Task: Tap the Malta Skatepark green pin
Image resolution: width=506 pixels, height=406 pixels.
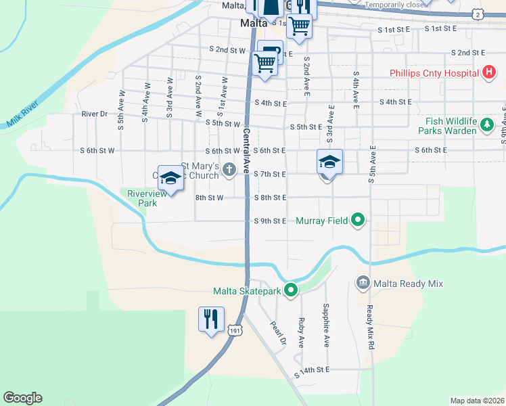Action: pyautogui.click(x=291, y=291)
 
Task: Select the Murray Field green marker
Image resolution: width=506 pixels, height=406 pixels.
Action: pyautogui.click(x=359, y=220)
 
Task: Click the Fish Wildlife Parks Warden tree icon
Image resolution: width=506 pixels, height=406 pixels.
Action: pyautogui.click(x=486, y=125)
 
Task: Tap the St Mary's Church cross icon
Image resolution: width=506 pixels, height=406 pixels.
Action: pyautogui.click(x=229, y=168)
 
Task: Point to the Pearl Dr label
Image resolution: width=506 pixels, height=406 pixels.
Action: pyautogui.click(x=279, y=333)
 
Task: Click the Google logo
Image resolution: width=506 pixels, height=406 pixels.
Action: pyautogui.click(x=22, y=398)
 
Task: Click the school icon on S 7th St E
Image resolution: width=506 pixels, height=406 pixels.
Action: pyautogui.click(x=329, y=162)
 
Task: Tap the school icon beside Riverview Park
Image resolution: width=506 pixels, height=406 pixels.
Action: pyautogui.click(x=171, y=179)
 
